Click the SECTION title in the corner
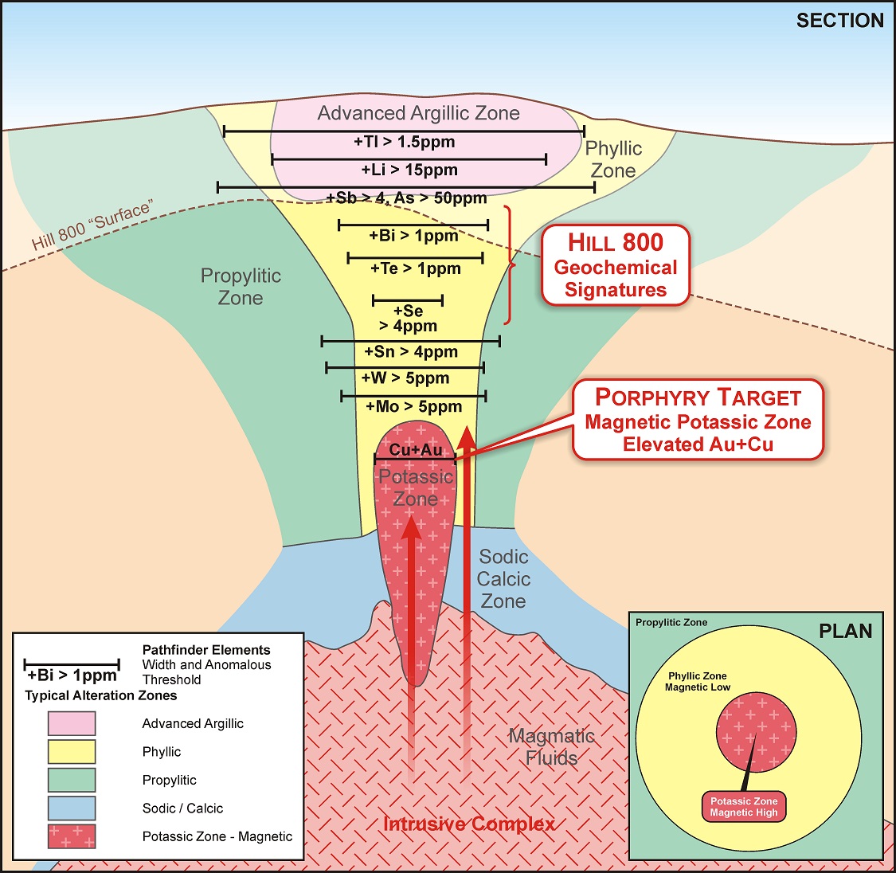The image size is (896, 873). (x=839, y=21)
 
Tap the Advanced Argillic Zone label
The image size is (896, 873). (x=418, y=113)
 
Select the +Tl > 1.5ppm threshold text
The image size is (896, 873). (x=405, y=142)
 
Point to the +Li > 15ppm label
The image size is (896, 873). (x=409, y=170)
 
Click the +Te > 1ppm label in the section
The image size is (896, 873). (x=415, y=268)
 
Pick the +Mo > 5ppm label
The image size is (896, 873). (x=413, y=406)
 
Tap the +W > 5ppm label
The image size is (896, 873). (x=405, y=378)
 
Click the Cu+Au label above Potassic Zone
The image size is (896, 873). (x=415, y=450)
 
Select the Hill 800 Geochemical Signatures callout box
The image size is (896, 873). (x=615, y=266)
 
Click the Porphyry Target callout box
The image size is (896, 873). (x=698, y=420)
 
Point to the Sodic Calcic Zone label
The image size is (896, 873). (x=503, y=579)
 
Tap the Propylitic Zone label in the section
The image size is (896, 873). (x=241, y=287)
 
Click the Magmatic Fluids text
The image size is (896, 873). (x=551, y=747)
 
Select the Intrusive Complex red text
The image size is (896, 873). (x=469, y=824)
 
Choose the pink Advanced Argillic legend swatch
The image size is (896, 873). (x=72, y=723)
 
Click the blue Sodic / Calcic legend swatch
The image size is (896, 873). (x=72, y=808)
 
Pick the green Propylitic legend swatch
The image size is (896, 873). (x=72, y=780)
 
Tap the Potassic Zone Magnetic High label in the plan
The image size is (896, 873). (x=744, y=807)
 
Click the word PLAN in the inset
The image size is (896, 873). (x=845, y=632)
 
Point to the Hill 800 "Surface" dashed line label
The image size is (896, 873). (x=92, y=226)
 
